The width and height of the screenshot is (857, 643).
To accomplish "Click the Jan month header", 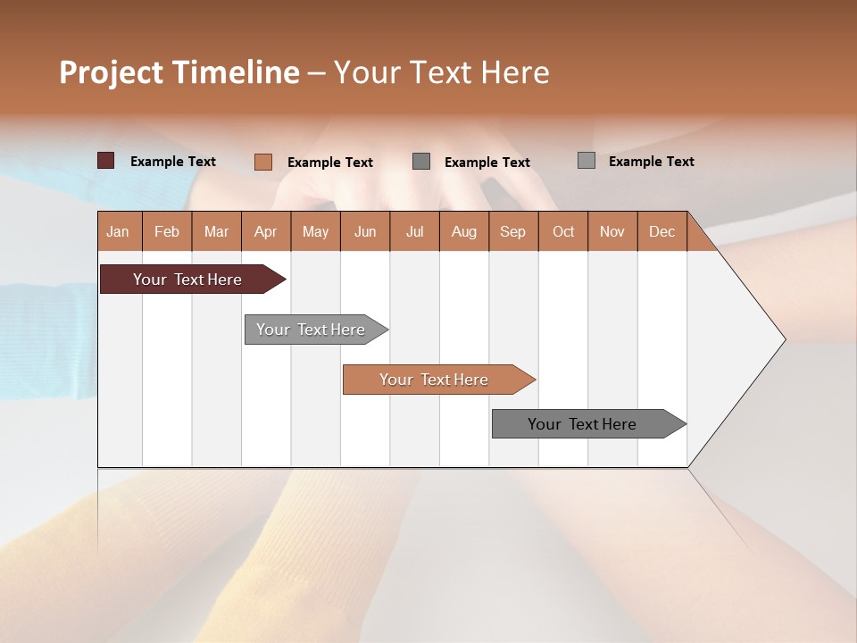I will [118, 231].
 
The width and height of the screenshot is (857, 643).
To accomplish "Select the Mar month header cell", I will [216, 231].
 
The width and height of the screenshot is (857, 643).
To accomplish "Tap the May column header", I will [315, 231].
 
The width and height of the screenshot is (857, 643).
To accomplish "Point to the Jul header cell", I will [414, 231].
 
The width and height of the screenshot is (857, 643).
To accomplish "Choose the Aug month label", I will [463, 231].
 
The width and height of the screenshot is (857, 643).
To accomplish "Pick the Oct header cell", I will [563, 231].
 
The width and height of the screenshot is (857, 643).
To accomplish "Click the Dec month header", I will [661, 231].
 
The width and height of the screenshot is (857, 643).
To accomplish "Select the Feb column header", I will [167, 231].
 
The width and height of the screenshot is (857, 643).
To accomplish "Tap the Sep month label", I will [512, 231].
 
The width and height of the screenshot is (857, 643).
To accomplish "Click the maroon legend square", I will [105, 161].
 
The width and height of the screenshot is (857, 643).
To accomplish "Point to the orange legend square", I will [262, 162].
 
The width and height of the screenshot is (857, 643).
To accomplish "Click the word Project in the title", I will [111, 72].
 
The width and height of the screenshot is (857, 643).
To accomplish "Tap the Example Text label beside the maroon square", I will [173, 162].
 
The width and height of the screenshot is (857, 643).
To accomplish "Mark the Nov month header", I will [612, 231].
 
